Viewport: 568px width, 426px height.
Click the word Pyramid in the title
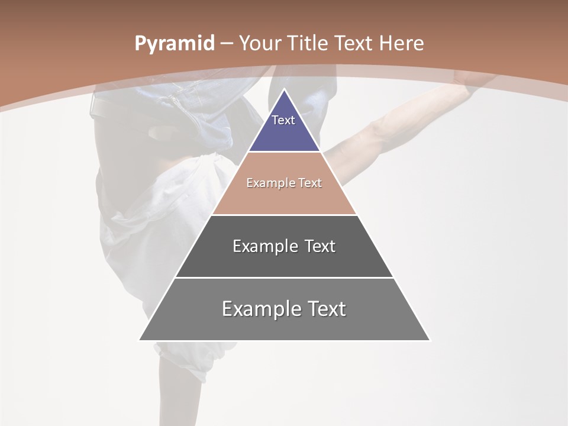point(175,44)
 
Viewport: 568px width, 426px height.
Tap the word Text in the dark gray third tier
point(320,246)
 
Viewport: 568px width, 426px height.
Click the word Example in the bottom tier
point(260,309)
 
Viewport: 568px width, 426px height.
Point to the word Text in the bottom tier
point(325,309)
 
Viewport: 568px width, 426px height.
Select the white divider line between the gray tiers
point(284,277)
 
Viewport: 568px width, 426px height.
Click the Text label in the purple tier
point(283,120)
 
